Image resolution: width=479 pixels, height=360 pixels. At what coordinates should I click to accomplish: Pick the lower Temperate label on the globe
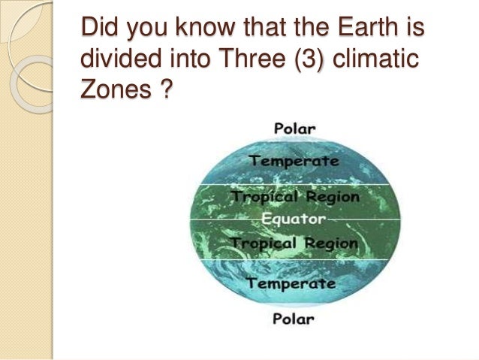click(x=291, y=283)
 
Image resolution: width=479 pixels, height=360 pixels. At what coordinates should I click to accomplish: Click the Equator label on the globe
click(x=294, y=219)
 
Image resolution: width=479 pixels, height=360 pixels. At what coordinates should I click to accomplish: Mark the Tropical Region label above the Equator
click(x=295, y=197)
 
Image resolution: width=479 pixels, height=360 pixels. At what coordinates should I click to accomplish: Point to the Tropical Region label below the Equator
click(x=294, y=244)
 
